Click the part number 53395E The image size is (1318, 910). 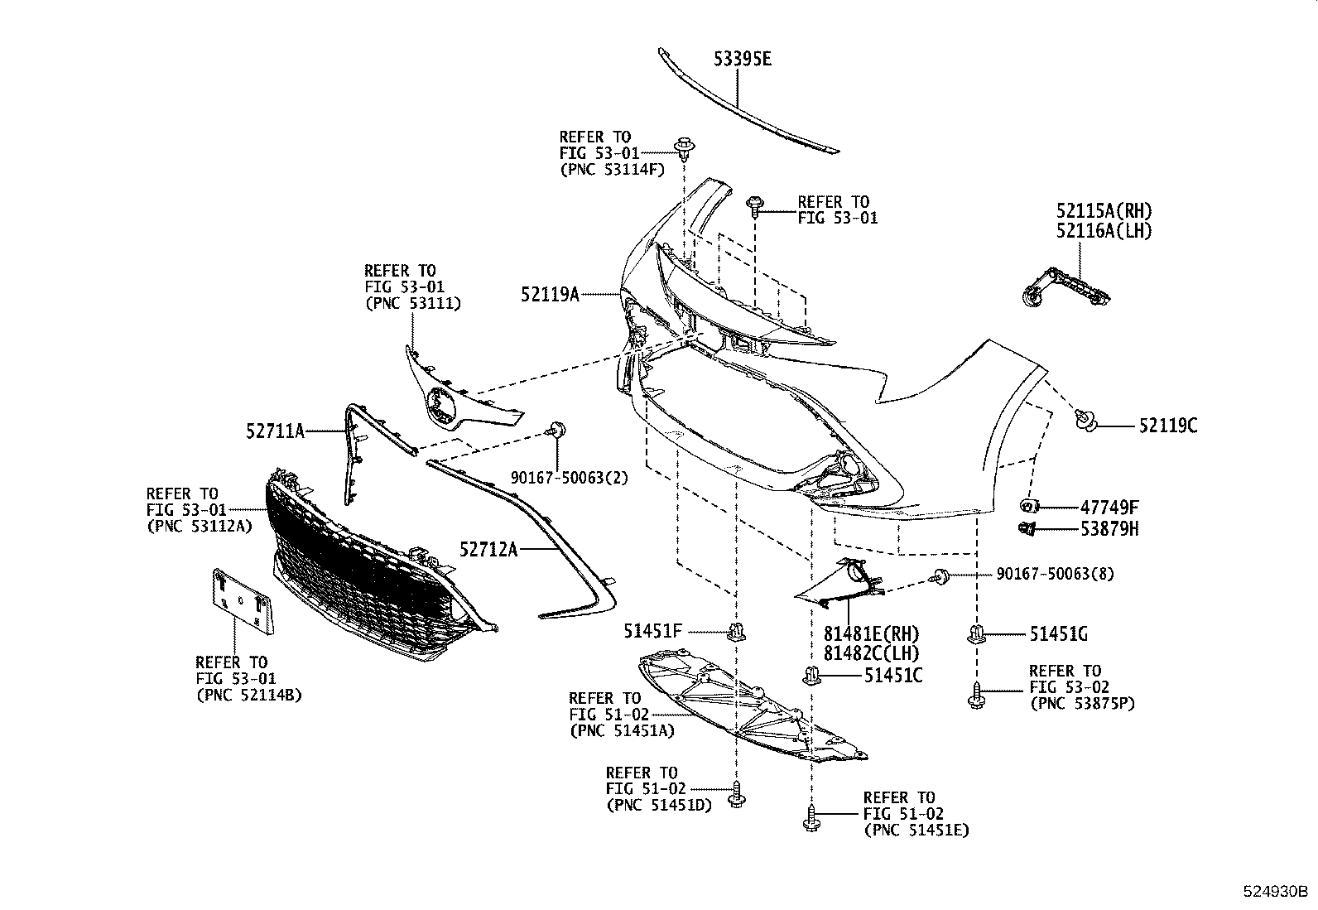click(743, 59)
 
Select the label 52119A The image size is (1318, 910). click(550, 294)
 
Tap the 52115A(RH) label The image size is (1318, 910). click(1104, 210)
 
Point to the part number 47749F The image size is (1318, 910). click(1109, 508)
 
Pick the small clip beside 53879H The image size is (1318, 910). click(1027, 528)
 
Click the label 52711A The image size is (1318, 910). click(275, 431)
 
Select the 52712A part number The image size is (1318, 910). click(488, 548)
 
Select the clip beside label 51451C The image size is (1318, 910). click(811, 675)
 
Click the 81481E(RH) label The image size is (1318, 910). click(871, 633)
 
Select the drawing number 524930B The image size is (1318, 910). click(1274, 892)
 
